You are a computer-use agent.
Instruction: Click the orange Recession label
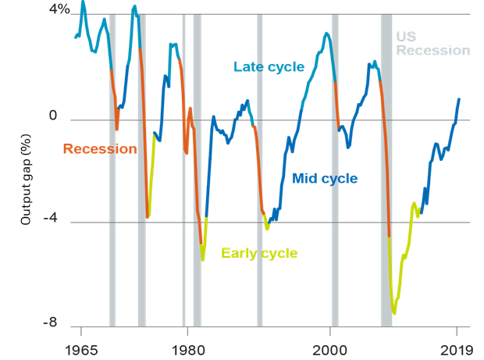(99, 149)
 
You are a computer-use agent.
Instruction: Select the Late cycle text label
(269, 67)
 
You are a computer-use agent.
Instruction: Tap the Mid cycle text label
(325, 179)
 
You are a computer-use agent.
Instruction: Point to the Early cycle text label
(259, 253)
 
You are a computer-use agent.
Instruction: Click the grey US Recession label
(432, 44)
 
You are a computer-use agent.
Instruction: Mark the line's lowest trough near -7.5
(394, 314)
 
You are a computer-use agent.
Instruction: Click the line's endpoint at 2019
(459, 99)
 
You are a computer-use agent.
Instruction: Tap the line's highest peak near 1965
(83, 2)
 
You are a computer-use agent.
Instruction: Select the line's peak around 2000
(326, 34)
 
